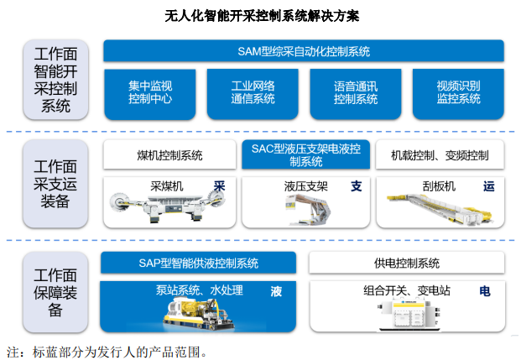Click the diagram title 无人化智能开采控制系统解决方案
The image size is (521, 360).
click(x=262, y=16)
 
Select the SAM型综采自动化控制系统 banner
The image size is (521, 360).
click(x=304, y=51)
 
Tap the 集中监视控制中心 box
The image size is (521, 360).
click(x=150, y=94)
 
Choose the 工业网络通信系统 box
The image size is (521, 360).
click(x=253, y=94)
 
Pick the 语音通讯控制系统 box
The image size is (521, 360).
click(x=356, y=94)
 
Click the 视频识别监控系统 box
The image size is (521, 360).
click(x=458, y=94)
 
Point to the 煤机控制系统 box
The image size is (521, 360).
click(x=169, y=154)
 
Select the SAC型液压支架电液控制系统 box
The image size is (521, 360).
click(x=305, y=154)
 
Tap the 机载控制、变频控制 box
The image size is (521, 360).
click(x=440, y=154)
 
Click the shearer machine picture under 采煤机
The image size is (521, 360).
click(x=168, y=206)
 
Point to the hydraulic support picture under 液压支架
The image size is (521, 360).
click(x=308, y=210)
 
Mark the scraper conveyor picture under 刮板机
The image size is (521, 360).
click(x=440, y=208)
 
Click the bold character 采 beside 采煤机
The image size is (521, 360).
click(x=219, y=186)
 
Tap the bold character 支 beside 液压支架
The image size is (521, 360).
click(x=357, y=186)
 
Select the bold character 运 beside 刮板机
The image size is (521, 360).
click(x=489, y=186)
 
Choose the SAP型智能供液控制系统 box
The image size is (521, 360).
click(x=198, y=263)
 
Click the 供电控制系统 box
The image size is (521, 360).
click(x=407, y=263)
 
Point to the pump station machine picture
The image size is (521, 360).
click(x=199, y=314)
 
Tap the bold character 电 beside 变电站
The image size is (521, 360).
click(x=485, y=291)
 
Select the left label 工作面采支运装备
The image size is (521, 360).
click(x=55, y=184)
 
